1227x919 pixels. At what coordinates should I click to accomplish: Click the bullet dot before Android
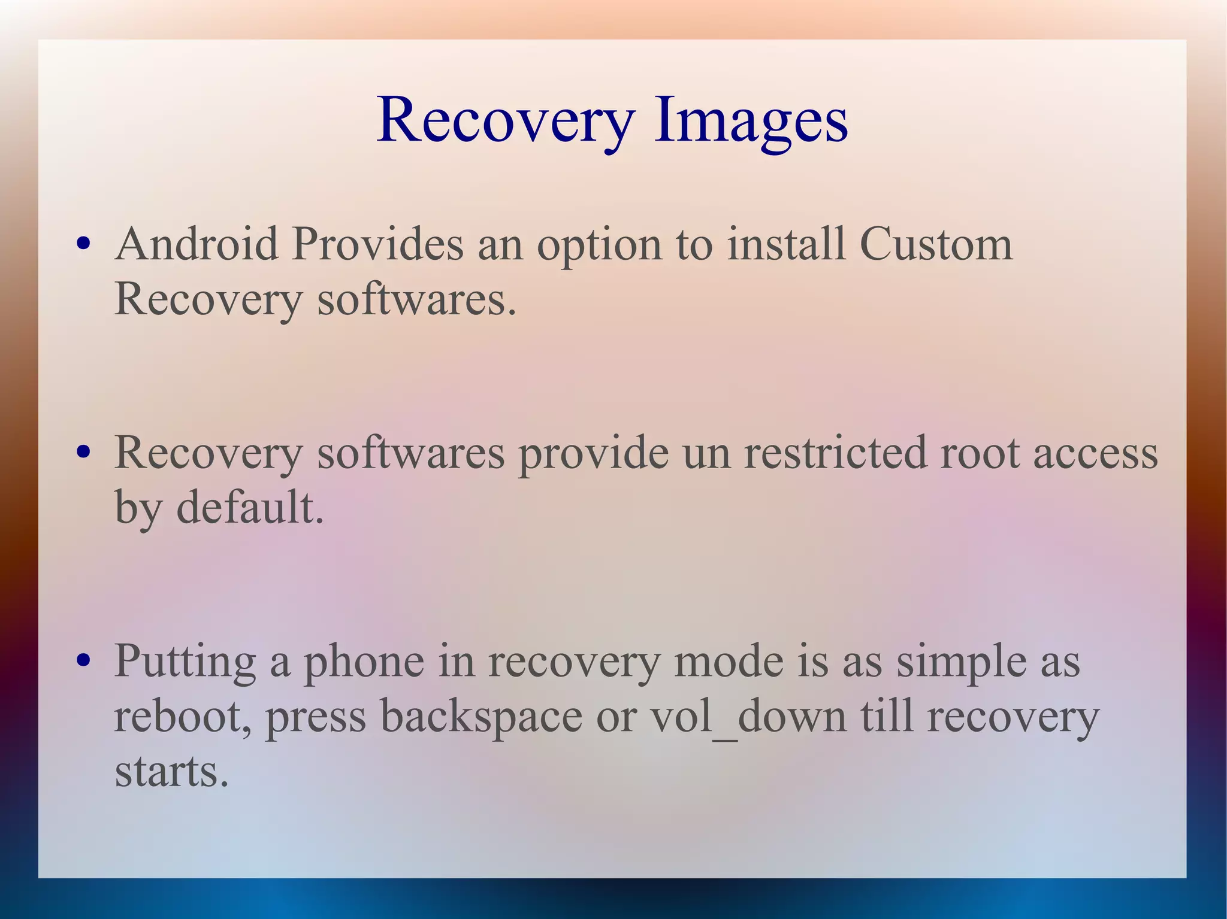pos(84,244)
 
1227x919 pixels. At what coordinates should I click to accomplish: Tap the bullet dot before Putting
pos(84,660)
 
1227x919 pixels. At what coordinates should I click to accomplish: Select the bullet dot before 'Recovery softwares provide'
pos(84,452)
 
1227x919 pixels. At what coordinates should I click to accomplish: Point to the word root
pos(980,453)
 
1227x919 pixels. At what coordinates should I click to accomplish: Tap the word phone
pos(364,662)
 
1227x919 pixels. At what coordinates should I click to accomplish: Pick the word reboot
pos(183,717)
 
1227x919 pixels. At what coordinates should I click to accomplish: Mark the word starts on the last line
pos(171,772)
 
